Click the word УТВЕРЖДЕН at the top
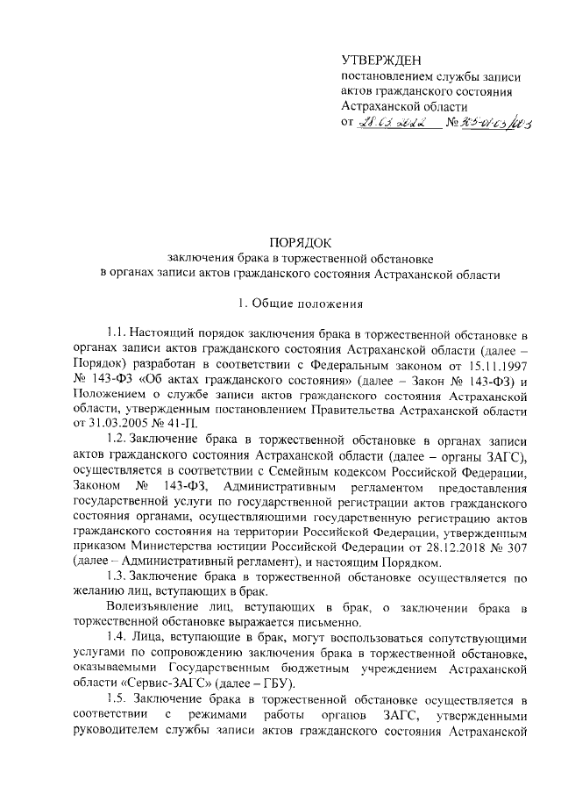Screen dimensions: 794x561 [x=381, y=60]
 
